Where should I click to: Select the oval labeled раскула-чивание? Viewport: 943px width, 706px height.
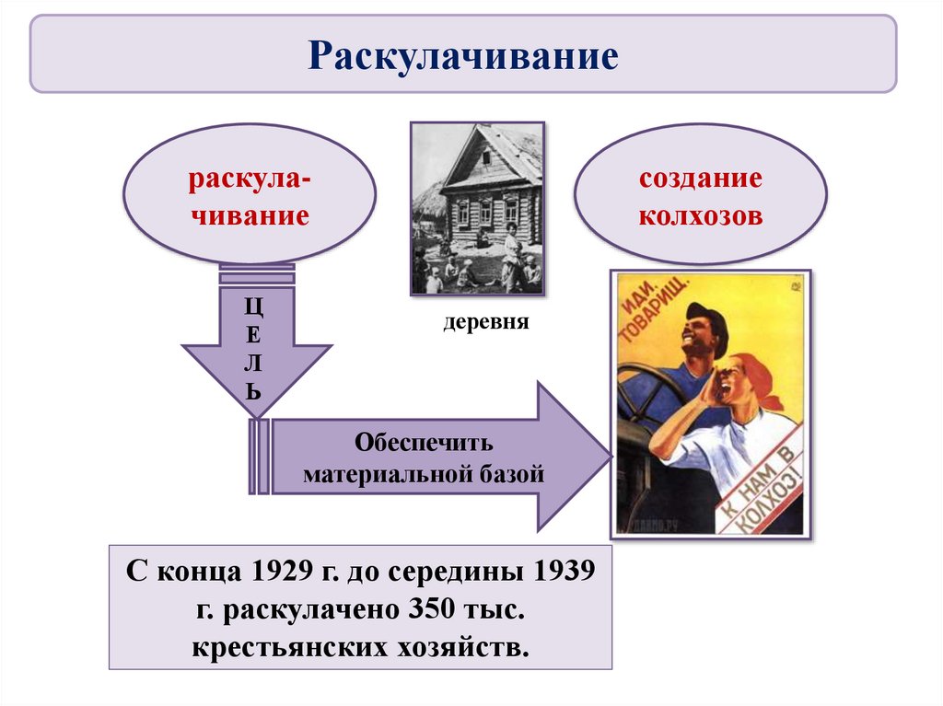point(250,195)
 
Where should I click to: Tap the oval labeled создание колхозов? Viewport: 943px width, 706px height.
point(701,195)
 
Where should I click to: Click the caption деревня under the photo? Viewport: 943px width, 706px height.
point(478,324)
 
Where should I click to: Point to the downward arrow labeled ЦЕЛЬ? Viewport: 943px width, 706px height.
point(254,350)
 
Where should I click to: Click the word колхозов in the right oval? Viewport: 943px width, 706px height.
point(701,217)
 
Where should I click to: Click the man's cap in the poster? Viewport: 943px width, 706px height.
point(708,318)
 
